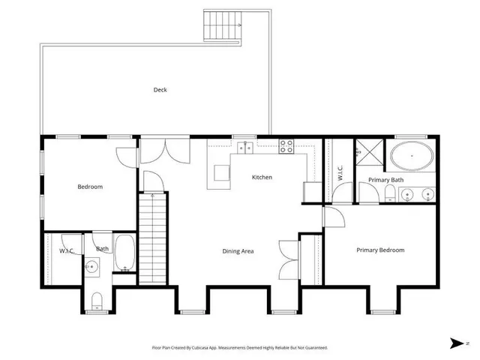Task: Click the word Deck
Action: [160, 90]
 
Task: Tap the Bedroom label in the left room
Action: [90, 187]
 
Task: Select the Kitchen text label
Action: [262, 178]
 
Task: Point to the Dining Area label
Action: [238, 250]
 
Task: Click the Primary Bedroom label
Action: [380, 250]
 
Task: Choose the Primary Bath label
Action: [385, 180]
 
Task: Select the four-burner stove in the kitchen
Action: [286, 146]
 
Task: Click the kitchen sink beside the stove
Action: [246, 147]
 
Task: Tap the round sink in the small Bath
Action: [91, 266]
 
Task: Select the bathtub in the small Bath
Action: [124, 253]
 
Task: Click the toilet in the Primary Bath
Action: [389, 196]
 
